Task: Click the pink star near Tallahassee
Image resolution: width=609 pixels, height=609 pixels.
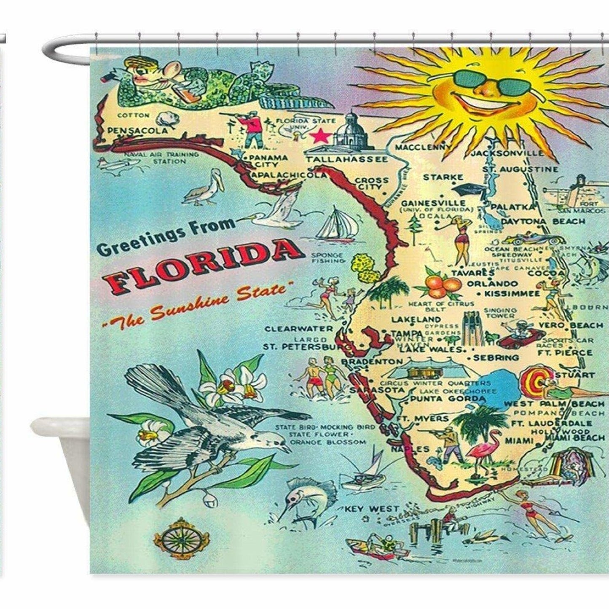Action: pyautogui.click(x=320, y=136)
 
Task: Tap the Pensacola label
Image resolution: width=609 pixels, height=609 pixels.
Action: pyautogui.click(x=137, y=131)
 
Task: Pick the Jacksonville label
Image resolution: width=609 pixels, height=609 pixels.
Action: pyautogui.click(x=507, y=153)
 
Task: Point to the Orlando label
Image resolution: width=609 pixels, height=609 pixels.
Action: pyautogui.click(x=492, y=284)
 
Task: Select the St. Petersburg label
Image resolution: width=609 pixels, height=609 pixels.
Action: pyautogui.click(x=307, y=347)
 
